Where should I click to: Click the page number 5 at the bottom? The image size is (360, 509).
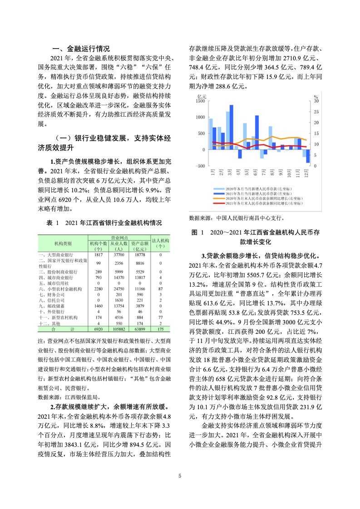tap(180, 476)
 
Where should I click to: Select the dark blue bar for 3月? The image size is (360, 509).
tap(232, 127)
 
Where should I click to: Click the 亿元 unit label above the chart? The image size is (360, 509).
tap(202, 96)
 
